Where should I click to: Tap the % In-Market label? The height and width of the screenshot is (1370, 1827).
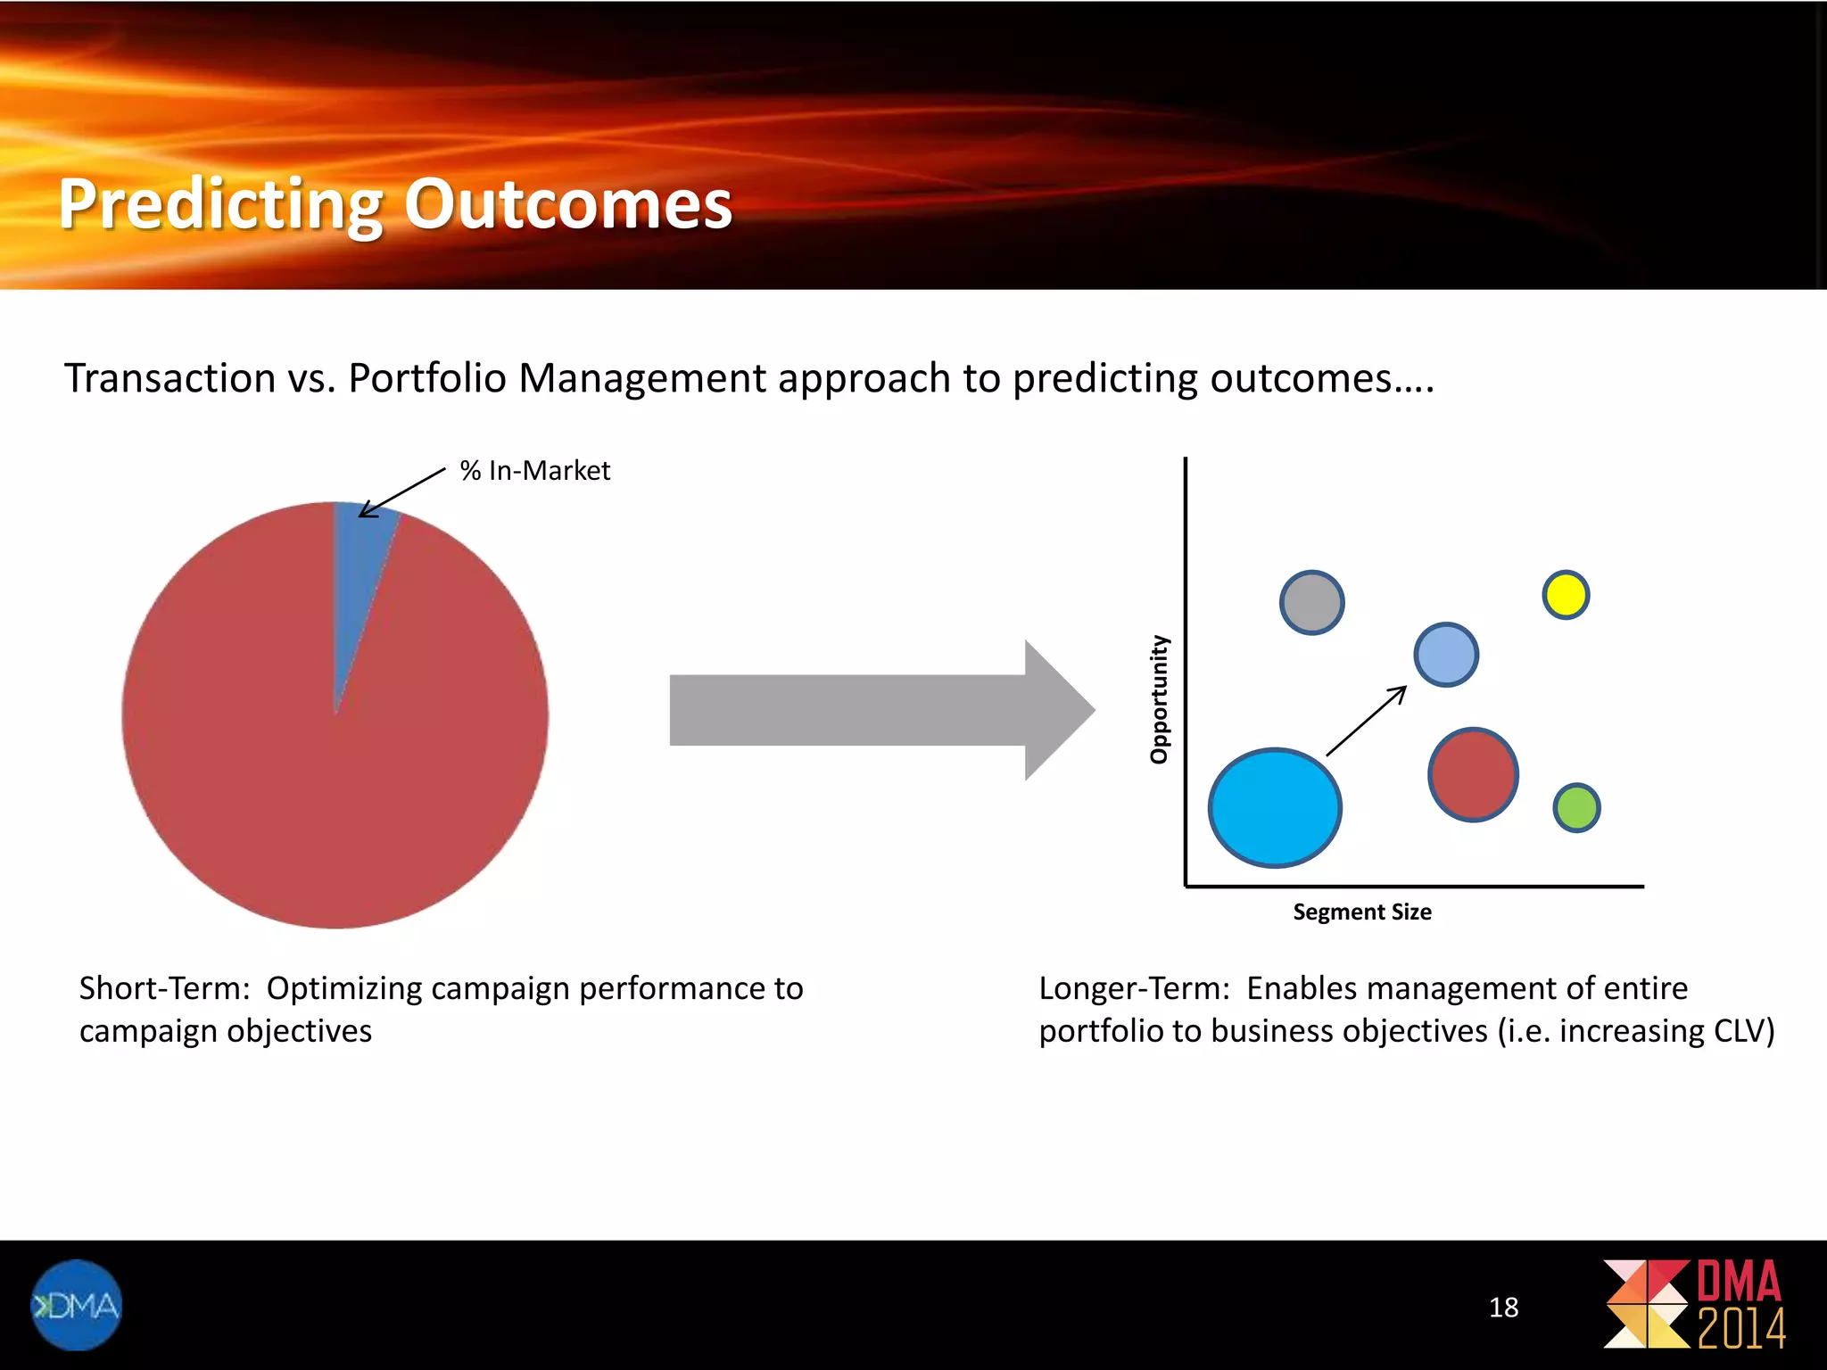click(534, 470)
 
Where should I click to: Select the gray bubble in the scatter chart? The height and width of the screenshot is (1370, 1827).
click(1311, 603)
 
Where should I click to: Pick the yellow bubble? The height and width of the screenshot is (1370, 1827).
click(1566, 595)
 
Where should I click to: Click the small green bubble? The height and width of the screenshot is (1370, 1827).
click(1576, 808)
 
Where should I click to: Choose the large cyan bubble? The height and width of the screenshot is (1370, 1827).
click(1275, 807)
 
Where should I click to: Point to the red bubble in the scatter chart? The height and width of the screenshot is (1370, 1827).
click(1473, 774)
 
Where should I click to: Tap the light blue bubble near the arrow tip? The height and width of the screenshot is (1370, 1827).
click(1446, 655)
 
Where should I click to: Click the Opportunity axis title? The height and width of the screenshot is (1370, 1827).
click(1159, 699)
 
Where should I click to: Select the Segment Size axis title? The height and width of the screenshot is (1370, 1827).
click(1362, 912)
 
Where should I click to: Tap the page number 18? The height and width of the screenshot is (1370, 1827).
click(1503, 1308)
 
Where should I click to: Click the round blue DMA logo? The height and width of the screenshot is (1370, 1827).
click(76, 1305)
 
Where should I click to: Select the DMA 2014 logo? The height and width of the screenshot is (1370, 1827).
click(1695, 1304)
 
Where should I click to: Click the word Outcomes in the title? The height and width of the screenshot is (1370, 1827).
click(567, 204)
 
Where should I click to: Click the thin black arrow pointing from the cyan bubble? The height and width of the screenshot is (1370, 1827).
click(1366, 721)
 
